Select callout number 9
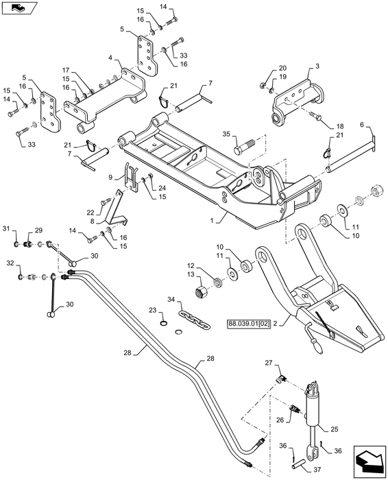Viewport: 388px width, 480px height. coord(110,176)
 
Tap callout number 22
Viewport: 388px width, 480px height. coord(90,211)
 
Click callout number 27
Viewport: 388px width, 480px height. coord(269,363)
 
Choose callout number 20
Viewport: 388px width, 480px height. coord(282,68)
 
